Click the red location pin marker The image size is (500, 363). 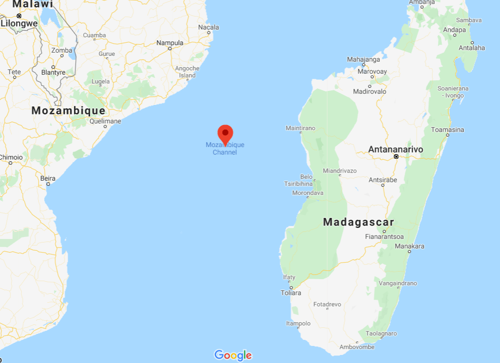click(x=225, y=134)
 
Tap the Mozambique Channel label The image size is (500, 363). click(x=225, y=149)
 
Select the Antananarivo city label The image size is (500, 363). click(x=395, y=150)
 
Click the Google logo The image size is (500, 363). click(x=233, y=355)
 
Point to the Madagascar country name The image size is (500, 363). click(x=358, y=222)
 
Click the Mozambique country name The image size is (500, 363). click(x=68, y=111)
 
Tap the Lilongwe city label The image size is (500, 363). click(x=19, y=23)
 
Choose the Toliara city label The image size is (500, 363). click(x=291, y=293)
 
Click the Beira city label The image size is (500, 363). click(x=48, y=178)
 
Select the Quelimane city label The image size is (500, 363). click(x=105, y=121)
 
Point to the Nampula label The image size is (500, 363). click(x=170, y=43)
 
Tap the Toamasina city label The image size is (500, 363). click(x=447, y=130)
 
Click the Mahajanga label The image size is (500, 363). click(x=364, y=59)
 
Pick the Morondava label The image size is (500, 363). click(x=308, y=193)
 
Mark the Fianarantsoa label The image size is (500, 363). click(x=384, y=236)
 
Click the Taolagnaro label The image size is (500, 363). click(x=381, y=333)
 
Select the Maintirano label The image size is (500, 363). click(x=301, y=128)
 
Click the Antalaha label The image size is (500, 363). click(x=472, y=48)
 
